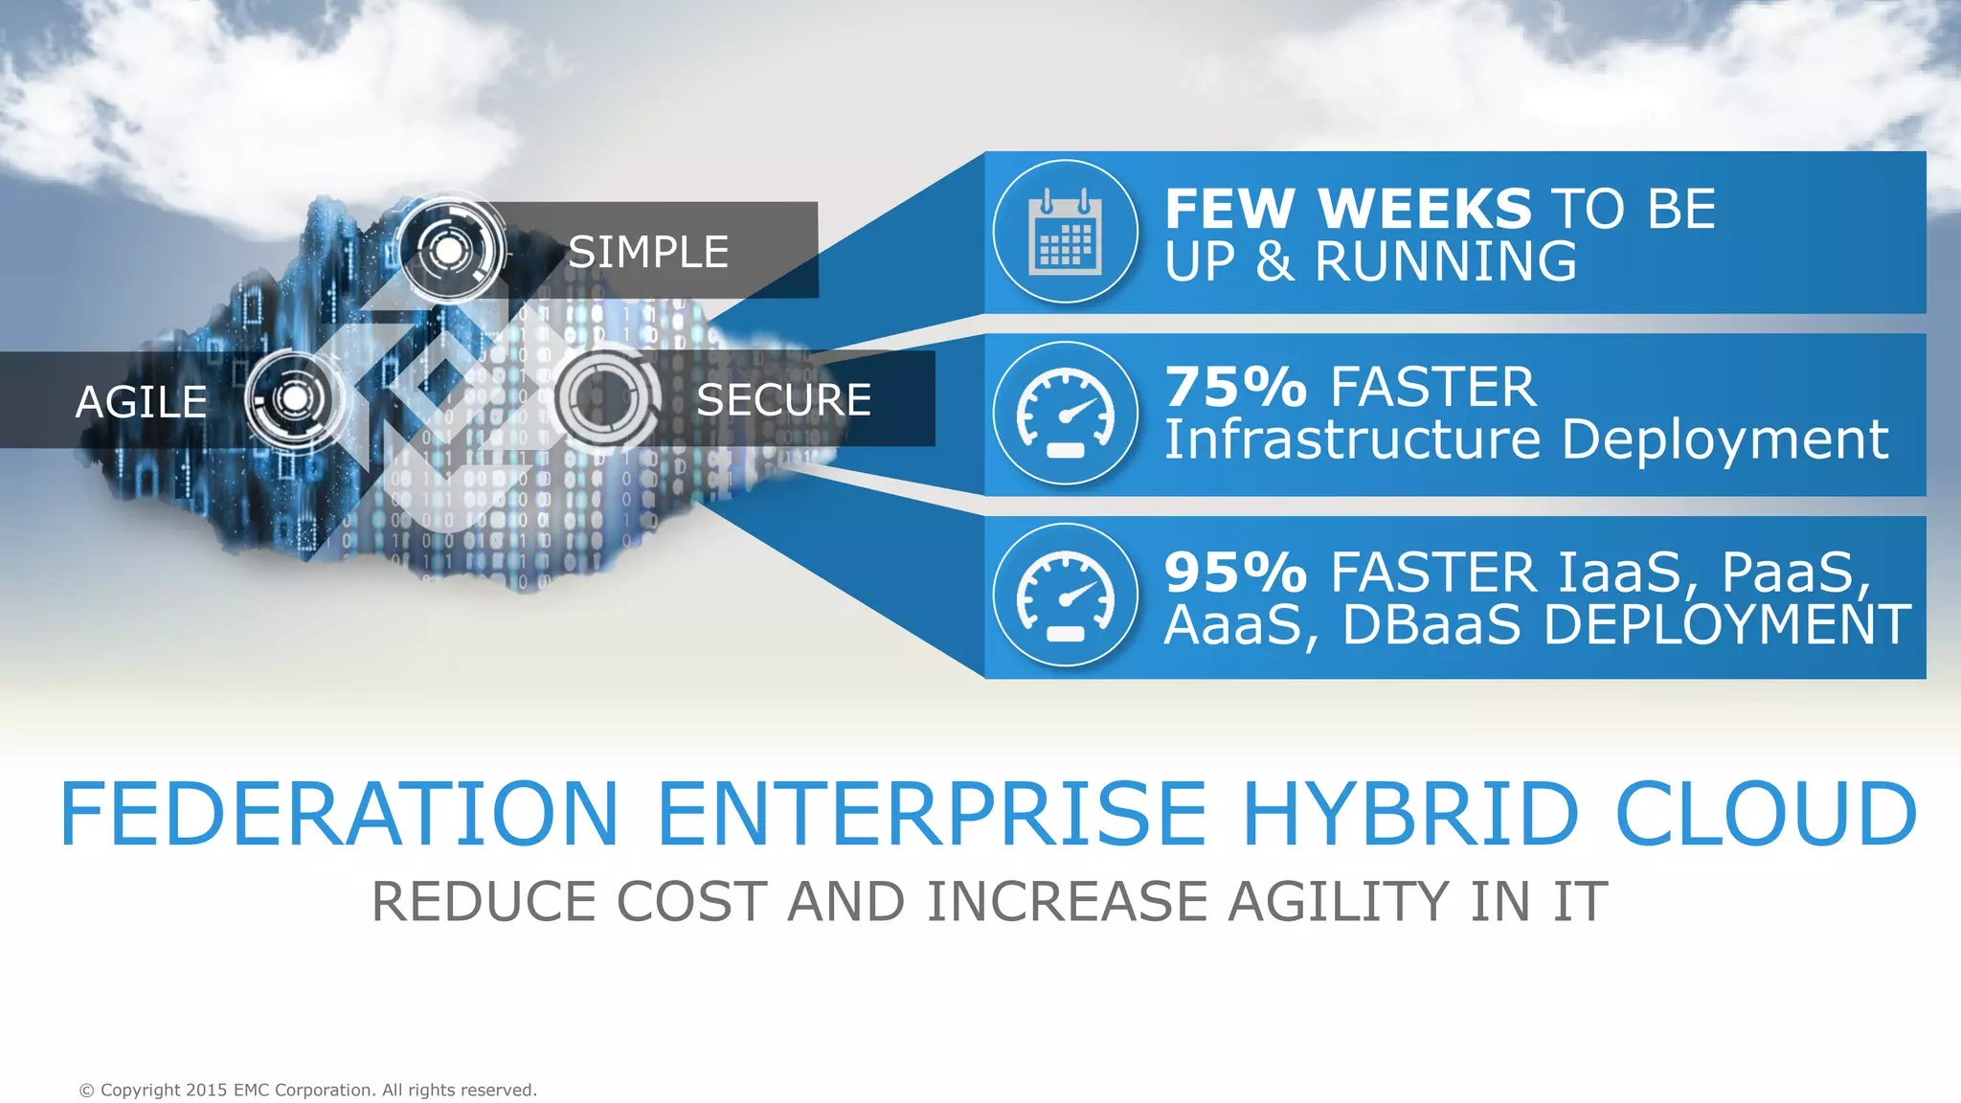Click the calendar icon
click(1065, 232)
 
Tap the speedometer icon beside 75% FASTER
click(1065, 414)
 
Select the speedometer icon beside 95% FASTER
click(1065, 596)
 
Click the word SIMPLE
click(648, 253)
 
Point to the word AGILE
click(141, 402)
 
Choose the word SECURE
click(783, 400)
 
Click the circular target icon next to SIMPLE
click(449, 250)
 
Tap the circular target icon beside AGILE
click(294, 397)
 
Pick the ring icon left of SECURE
click(605, 397)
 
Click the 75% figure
click(1236, 388)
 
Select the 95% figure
click(1236, 573)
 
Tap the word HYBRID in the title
click(1409, 814)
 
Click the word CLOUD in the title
click(1767, 814)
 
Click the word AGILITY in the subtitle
click(1339, 902)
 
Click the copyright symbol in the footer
click(87, 1091)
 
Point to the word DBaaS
click(1431, 625)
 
